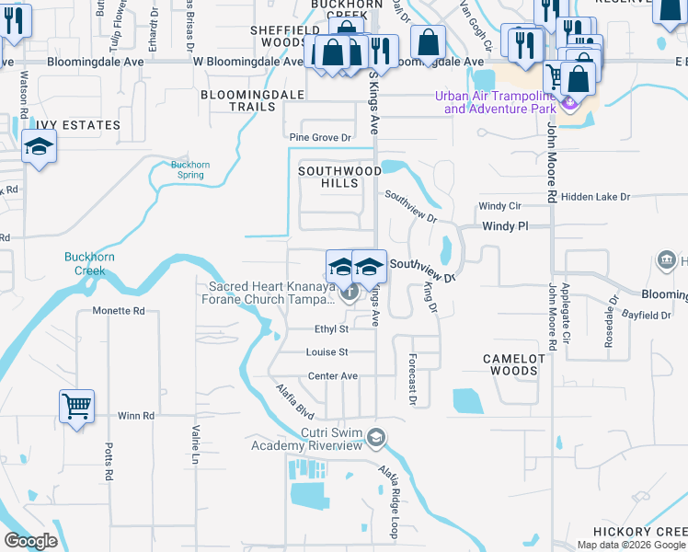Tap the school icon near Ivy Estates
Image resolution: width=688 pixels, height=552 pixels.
click(40, 148)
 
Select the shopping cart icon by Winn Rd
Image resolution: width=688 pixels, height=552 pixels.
click(76, 406)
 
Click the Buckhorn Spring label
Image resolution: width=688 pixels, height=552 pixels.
click(190, 170)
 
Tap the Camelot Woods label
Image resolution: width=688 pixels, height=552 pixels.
click(510, 364)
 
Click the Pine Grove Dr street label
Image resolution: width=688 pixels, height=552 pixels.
click(320, 138)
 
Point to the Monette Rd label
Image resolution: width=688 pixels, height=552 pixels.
click(119, 311)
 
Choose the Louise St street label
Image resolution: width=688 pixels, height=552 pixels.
click(327, 352)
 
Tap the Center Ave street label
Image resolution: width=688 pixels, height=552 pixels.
click(332, 376)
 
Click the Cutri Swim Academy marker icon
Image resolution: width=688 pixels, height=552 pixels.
click(373, 435)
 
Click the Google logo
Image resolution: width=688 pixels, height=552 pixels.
click(29, 541)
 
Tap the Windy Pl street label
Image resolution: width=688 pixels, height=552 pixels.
click(505, 225)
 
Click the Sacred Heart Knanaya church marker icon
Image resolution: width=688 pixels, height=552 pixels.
click(350, 294)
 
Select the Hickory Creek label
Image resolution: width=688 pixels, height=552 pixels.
click(639, 532)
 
